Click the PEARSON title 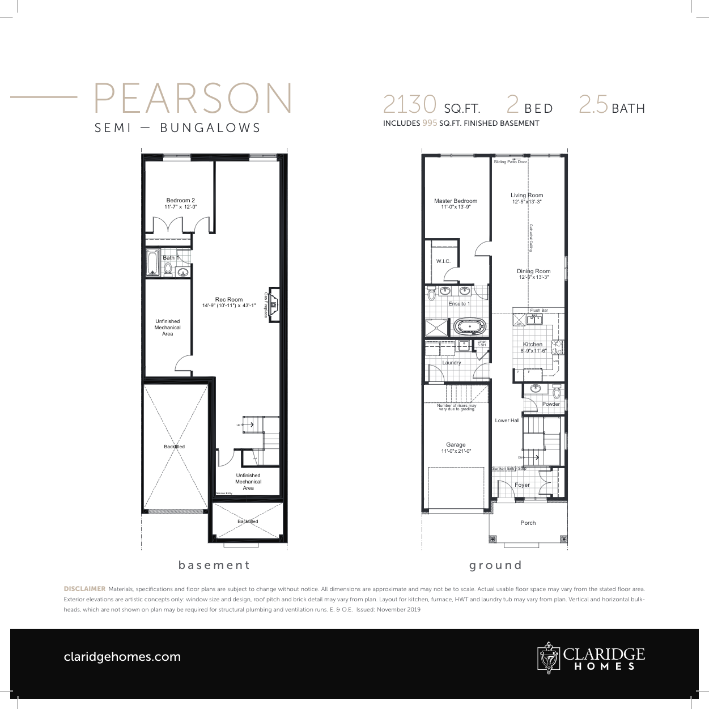click(193, 99)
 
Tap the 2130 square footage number click(409, 105)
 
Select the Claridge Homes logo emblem click(548, 657)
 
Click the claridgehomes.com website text click(122, 657)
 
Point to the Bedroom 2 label click(180, 201)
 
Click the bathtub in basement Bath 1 click(152, 263)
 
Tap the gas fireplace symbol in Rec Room click(274, 305)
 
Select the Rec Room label click(229, 299)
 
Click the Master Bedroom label click(456, 201)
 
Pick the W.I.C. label click(443, 261)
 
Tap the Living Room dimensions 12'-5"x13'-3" click(527, 202)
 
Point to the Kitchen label click(533, 344)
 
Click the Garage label click(456, 445)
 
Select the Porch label click(528, 523)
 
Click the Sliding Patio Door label click(510, 162)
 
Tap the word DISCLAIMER click(84, 589)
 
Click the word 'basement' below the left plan click(214, 565)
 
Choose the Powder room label click(551, 404)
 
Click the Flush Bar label click(538, 310)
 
